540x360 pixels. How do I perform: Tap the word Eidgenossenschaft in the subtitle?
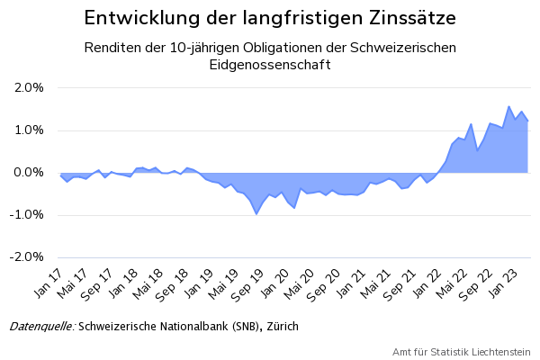click(x=269, y=65)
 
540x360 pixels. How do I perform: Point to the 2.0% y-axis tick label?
click(x=29, y=88)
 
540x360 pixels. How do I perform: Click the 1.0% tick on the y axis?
click(x=29, y=130)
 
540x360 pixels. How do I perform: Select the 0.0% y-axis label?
click(x=29, y=173)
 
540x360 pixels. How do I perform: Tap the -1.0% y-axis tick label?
click(x=27, y=215)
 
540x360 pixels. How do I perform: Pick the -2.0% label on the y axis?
click(x=27, y=257)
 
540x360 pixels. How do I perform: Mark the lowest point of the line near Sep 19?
click(x=256, y=213)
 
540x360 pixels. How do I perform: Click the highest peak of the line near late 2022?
click(x=509, y=106)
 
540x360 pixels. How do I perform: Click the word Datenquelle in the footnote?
click(x=41, y=326)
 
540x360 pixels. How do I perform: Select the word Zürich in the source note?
click(x=280, y=326)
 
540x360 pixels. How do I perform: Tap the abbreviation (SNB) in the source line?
click(x=239, y=326)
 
